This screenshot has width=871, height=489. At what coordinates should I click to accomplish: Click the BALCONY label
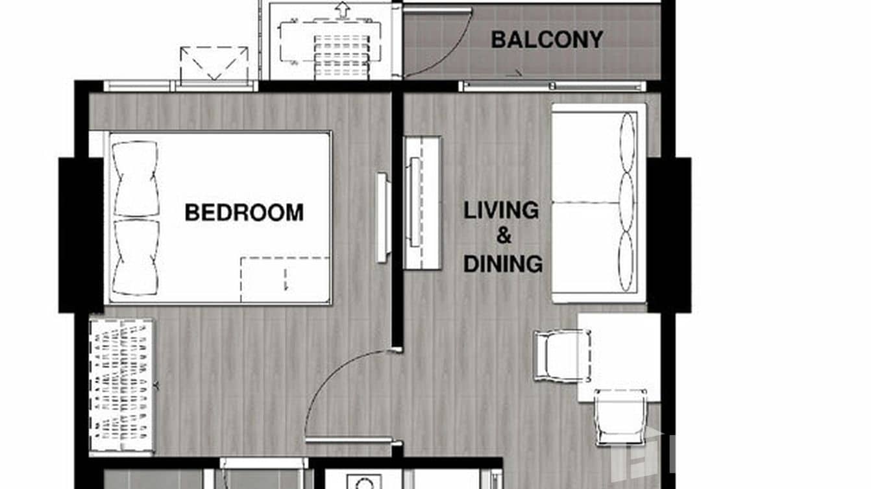[546, 40]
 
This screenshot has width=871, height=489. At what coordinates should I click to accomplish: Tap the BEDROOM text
[244, 212]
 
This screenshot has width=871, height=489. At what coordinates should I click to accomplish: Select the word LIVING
[501, 210]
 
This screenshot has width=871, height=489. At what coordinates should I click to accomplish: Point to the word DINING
[503, 264]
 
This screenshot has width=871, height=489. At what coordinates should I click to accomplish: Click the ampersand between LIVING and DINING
[504, 237]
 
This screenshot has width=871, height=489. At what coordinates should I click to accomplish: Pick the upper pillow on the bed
[136, 178]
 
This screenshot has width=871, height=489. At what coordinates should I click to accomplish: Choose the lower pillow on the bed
[136, 257]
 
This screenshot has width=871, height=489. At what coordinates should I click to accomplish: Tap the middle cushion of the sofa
[627, 202]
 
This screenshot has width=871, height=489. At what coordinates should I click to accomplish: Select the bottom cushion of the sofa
[626, 261]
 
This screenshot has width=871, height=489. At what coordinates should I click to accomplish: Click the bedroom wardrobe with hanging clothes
[123, 387]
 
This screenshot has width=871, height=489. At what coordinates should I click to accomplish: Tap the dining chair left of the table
[561, 355]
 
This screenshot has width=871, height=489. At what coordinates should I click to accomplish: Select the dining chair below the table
[620, 416]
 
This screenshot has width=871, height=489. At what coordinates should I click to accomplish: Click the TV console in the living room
[423, 202]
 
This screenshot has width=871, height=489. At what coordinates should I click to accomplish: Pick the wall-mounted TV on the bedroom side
[383, 217]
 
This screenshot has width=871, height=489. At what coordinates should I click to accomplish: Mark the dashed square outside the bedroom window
[214, 64]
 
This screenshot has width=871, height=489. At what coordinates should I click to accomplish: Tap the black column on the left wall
[80, 235]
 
